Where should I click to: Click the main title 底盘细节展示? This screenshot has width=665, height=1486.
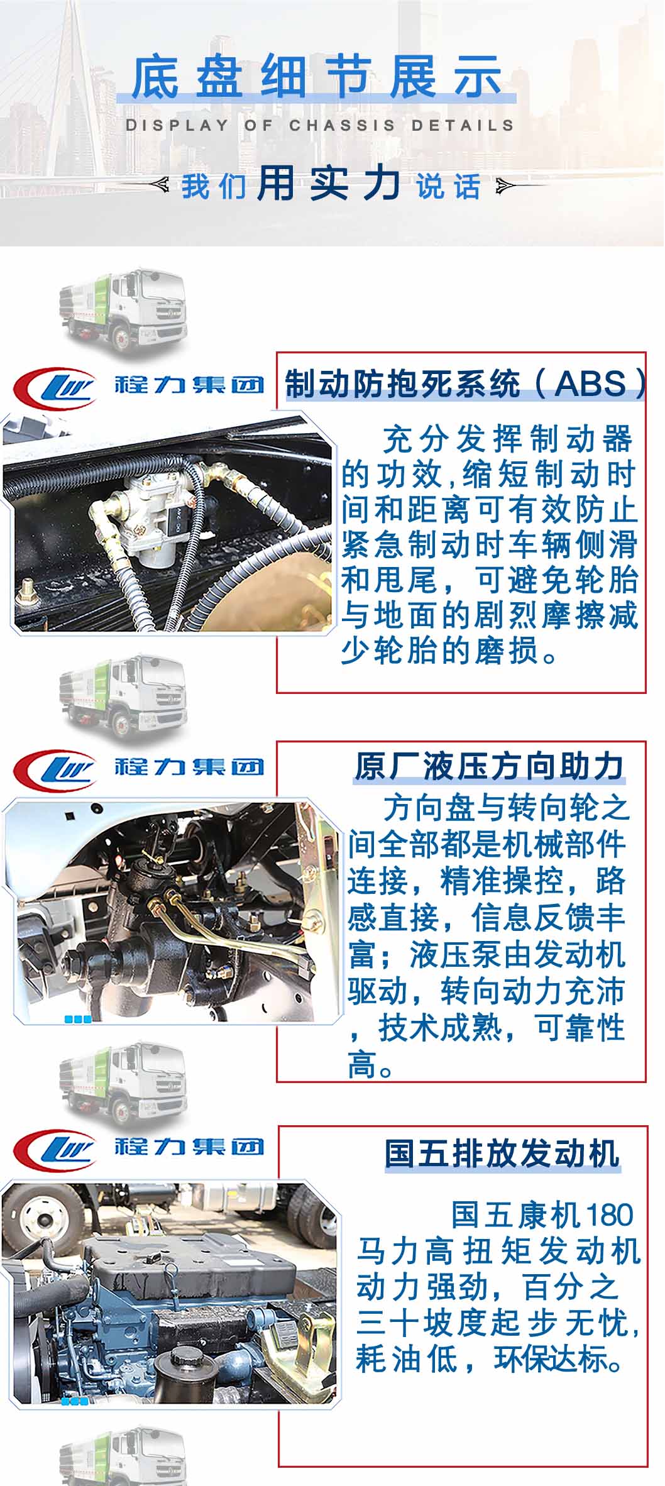point(317,77)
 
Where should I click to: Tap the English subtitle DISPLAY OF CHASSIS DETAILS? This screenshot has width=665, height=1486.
point(320,125)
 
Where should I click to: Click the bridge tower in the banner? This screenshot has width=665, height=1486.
point(79,94)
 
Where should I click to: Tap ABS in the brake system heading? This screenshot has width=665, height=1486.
point(591,383)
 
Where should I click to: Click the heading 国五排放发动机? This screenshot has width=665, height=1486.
point(502,1153)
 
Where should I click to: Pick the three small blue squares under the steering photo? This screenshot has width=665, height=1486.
point(78,1019)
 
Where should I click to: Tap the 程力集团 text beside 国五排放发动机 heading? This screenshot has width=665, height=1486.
point(189,1147)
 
